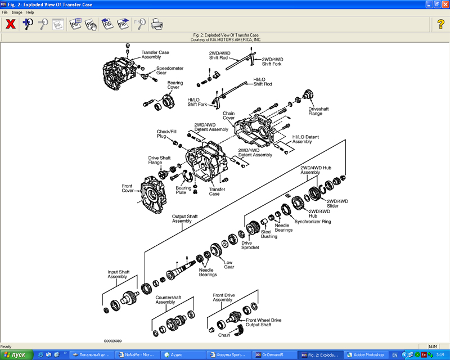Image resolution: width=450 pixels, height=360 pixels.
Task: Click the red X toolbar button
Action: tap(10, 24)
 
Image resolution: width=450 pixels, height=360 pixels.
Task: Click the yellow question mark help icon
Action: tap(440, 24)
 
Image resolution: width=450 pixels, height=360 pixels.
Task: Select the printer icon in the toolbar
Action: tap(157, 24)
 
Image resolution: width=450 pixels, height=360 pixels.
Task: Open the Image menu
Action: tap(17, 12)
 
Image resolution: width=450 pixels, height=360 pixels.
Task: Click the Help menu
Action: tap(30, 12)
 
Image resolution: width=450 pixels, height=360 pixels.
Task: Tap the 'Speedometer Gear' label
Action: tap(169, 70)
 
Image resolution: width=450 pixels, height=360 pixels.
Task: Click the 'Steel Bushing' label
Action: tap(269, 234)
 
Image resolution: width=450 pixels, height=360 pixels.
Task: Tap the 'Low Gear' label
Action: tap(229, 264)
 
